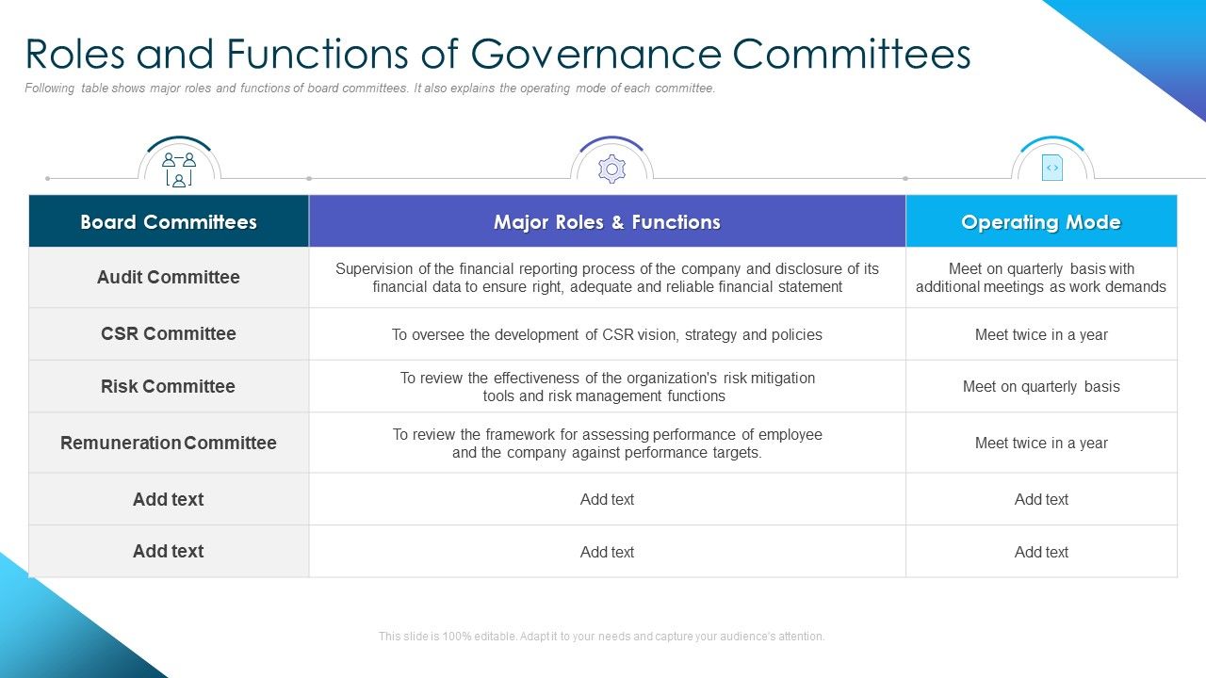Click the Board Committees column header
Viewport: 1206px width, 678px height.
169,222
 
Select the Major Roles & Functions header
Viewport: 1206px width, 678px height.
607,222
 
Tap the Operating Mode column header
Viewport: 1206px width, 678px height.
1041,222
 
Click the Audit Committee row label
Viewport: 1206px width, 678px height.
169,277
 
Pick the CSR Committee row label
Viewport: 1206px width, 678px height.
169,333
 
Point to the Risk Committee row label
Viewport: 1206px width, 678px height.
169,386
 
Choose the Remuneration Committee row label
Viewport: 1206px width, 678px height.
169,443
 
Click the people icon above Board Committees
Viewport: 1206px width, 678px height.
179,169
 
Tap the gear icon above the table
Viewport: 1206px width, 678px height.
611,169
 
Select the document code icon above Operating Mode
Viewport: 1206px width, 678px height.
1051,169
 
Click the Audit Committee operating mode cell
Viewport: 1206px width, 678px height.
1041,277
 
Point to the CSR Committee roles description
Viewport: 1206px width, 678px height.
607,334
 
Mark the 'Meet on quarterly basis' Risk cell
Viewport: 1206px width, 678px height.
1041,386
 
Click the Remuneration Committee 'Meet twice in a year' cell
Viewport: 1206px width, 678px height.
1041,443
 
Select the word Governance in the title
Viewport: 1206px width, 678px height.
596,54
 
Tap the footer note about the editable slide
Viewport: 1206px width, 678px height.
601,637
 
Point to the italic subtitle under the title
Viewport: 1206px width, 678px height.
370,89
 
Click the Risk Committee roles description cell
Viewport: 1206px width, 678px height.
607,386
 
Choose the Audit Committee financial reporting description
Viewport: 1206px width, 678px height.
607,277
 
